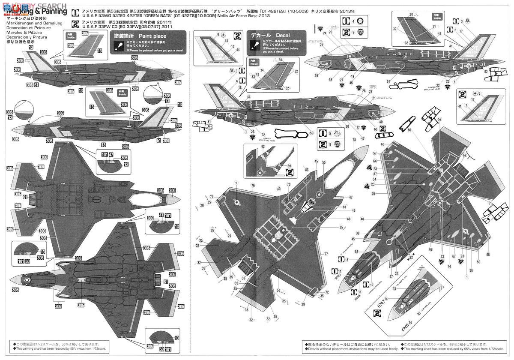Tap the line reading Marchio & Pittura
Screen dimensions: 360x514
[19, 32]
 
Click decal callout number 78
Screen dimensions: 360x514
[354, 140]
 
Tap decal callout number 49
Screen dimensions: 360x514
[279, 189]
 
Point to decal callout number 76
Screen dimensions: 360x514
[253, 185]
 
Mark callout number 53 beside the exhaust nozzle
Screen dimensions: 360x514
[243, 279]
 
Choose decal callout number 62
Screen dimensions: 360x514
[465, 155]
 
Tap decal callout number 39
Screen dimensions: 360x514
[316, 75]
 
